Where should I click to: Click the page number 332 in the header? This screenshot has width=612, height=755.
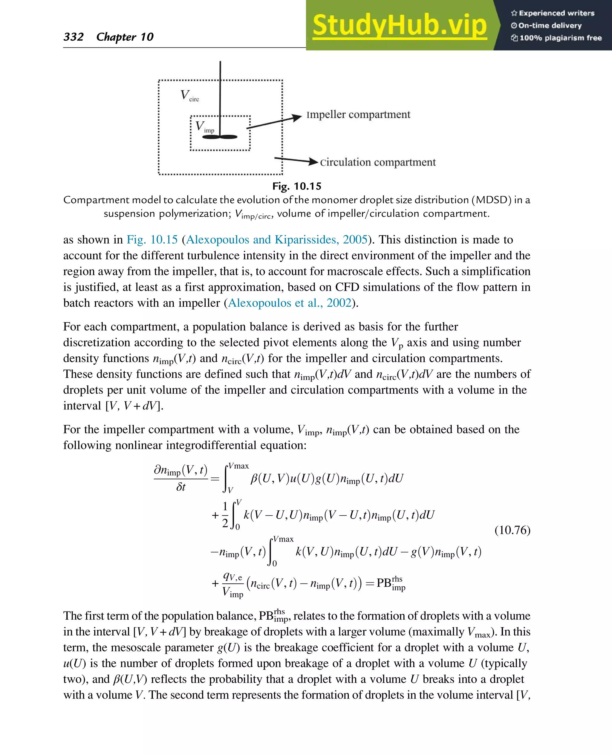tap(73, 37)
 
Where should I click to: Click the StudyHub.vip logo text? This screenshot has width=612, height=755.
tap(400, 25)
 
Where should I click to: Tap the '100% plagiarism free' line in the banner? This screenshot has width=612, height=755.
tap(557, 38)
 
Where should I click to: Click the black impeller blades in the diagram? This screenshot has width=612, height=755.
tap(220, 137)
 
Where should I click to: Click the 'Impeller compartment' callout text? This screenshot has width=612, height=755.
tap(358, 114)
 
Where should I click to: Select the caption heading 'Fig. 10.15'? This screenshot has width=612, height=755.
tap(297, 186)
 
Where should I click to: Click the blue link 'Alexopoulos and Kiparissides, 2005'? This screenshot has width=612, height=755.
tap(277, 239)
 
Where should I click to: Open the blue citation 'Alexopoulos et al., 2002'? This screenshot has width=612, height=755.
tap(290, 302)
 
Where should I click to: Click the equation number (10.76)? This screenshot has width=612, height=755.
tap(512, 530)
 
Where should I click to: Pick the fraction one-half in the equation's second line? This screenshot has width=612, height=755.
tap(225, 515)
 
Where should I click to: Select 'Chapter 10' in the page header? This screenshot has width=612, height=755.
tap(125, 37)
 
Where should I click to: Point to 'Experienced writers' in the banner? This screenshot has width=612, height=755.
tap(553, 13)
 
